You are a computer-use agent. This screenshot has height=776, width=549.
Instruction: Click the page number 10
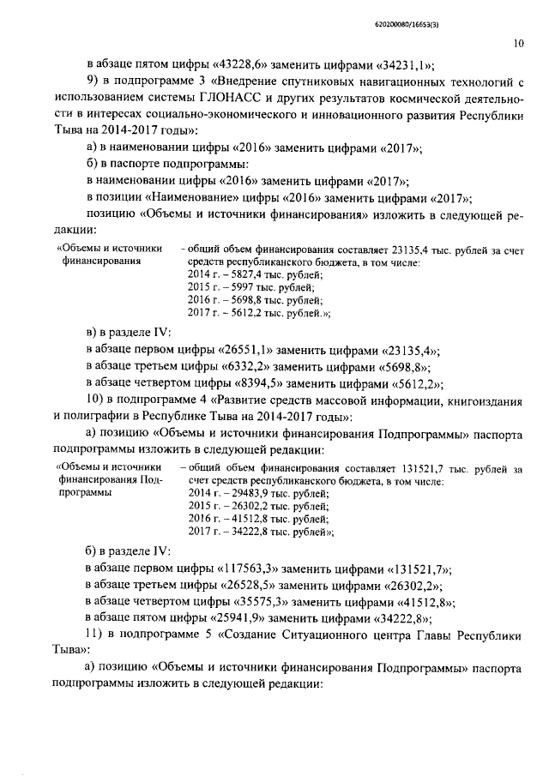pyautogui.click(x=519, y=40)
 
